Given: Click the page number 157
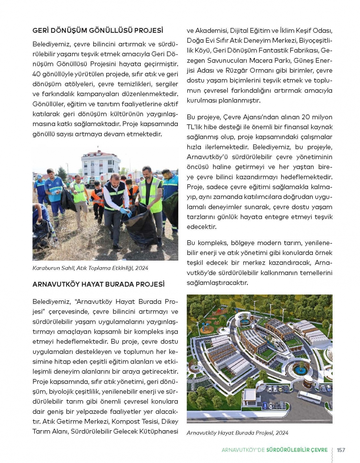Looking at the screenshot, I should [341, 450].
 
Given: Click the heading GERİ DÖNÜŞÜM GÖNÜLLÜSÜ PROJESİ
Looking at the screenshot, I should [98, 31].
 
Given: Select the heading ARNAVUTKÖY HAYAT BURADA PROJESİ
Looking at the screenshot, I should [98, 284].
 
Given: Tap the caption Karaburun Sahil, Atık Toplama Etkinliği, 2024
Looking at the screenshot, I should [90, 268].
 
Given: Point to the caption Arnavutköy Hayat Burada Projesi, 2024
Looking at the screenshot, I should [237, 433].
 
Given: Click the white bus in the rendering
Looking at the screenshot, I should [309, 397].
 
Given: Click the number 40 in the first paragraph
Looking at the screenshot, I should [36, 74].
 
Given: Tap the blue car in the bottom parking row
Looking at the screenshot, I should [265, 405].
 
